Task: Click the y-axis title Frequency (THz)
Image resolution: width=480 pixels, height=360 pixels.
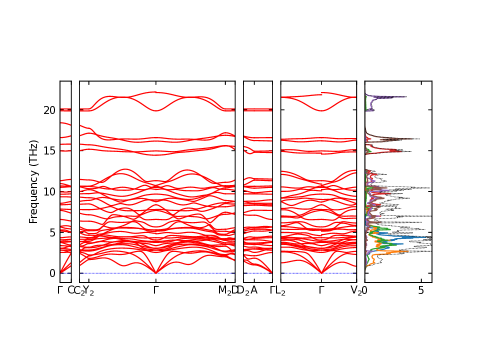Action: [x=33, y=182]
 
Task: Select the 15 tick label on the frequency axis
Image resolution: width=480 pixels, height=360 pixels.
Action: [x=48, y=150]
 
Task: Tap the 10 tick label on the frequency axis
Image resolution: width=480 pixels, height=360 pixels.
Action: [x=48, y=191]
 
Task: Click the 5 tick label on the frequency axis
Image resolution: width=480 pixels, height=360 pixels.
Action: [x=51, y=232]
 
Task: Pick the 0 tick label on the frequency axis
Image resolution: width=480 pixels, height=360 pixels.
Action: [x=51, y=273]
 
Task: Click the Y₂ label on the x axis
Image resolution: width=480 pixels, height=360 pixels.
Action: [x=88, y=290]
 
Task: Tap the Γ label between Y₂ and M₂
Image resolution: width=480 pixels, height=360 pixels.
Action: [x=156, y=290]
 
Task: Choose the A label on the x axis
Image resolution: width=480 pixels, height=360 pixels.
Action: [x=254, y=290]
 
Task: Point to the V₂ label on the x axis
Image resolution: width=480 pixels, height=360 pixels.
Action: [x=356, y=290]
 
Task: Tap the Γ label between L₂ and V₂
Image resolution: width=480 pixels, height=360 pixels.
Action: [x=321, y=290]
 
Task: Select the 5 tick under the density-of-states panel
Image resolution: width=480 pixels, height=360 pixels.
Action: [x=421, y=290]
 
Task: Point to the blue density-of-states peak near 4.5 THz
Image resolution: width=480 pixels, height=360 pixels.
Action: [x=429, y=237]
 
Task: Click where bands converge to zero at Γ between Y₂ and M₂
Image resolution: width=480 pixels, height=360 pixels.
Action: [x=156, y=273]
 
